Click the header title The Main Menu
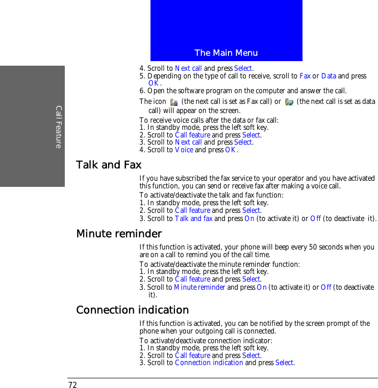point(226,53)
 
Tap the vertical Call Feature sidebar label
point(59,127)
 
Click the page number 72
point(72,384)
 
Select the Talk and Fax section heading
point(108,165)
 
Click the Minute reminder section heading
point(118,234)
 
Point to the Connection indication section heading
point(132,310)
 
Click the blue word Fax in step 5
point(305,76)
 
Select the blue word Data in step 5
point(329,76)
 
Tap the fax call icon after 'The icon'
point(174,102)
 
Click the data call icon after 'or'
point(289,102)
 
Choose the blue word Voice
point(184,150)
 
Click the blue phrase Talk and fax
point(193,218)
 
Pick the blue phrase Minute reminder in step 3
point(199,287)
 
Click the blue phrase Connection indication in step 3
point(209,363)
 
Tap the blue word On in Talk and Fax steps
point(249,218)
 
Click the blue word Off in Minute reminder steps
point(326,287)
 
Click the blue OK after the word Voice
point(231,150)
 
